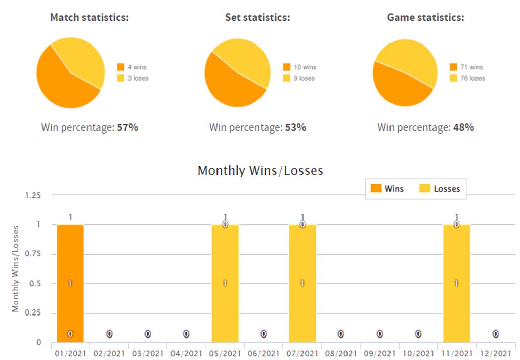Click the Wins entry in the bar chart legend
click(387, 189)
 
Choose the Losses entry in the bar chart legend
click(440, 189)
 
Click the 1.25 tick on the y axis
click(33, 195)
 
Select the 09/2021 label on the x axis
click(379, 353)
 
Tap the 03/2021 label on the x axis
click(148, 353)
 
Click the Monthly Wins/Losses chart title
click(260, 171)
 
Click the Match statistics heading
click(90, 18)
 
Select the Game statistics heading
click(425, 18)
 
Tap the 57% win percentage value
click(127, 128)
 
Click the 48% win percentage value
click(463, 128)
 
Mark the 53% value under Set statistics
click(295, 128)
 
